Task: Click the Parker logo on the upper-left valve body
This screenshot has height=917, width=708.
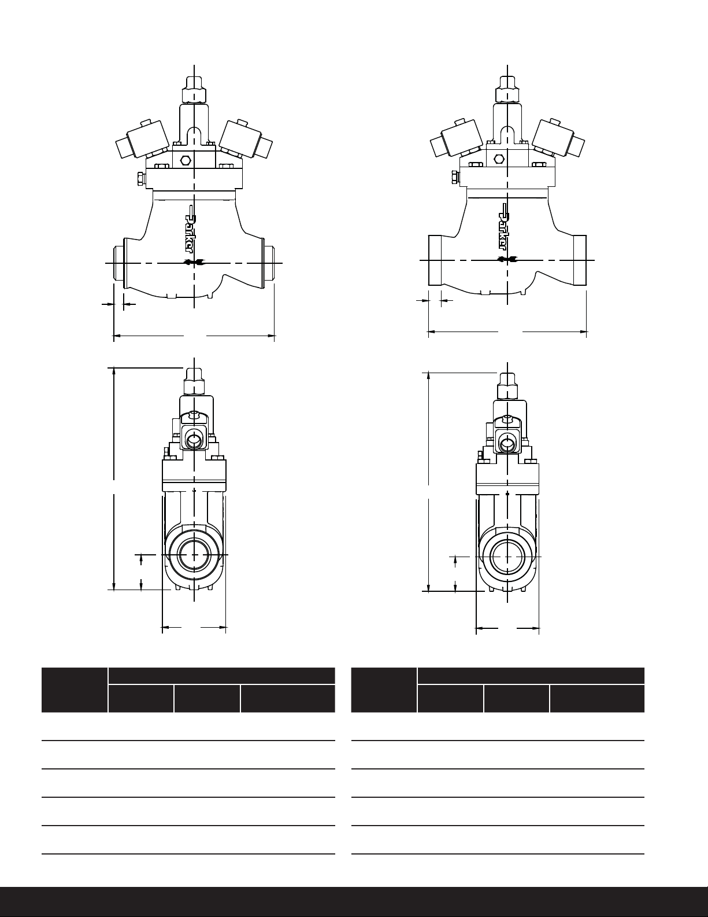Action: (x=191, y=230)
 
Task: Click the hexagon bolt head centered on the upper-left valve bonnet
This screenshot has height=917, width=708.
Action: (x=184, y=160)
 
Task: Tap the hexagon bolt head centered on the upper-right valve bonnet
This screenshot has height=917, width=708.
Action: (x=499, y=159)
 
